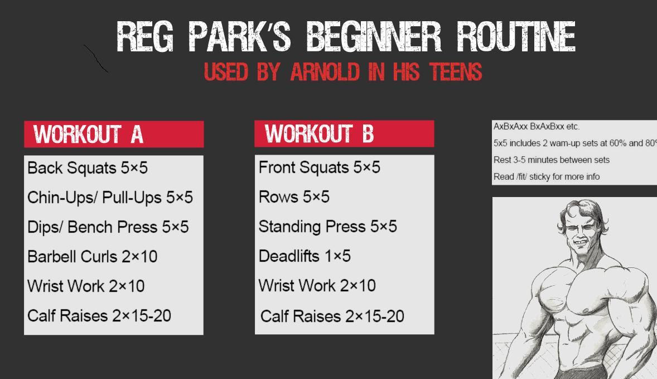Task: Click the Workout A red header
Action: (x=114, y=135)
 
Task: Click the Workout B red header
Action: (x=344, y=134)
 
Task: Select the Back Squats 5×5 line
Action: (x=88, y=168)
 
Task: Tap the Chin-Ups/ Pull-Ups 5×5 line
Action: (x=110, y=198)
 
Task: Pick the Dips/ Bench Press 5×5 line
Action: (x=108, y=227)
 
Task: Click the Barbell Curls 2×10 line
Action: (x=93, y=257)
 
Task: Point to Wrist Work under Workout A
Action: (x=86, y=286)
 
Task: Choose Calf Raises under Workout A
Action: (x=99, y=316)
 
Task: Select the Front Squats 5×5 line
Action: (x=319, y=167)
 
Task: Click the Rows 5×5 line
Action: (x=294, y=197)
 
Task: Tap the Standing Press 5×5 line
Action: (x=327, y=227)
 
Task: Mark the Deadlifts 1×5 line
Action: (x=305, y=256)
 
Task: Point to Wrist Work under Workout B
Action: (x=317, y=286)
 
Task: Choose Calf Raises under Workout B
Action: (x=332, y=316)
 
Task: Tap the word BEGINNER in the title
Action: (x=374, y=37)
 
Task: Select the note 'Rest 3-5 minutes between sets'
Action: (x=551, y=160)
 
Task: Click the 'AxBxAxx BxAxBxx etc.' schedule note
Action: (x=537, y=127)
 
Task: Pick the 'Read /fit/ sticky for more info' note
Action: (x=547, y=177)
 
